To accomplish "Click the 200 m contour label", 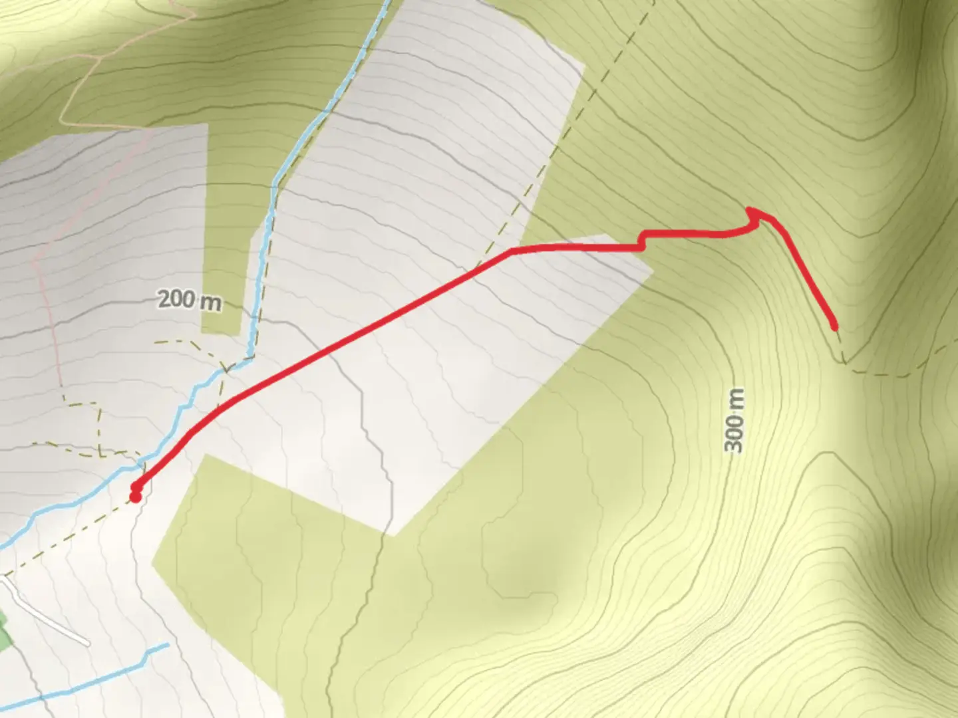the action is [190, 300].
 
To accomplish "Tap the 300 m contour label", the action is [734, 420].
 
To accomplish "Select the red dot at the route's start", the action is [135, 497].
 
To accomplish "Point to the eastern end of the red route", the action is [834, 326].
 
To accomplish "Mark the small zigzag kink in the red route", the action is [642, 241].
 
